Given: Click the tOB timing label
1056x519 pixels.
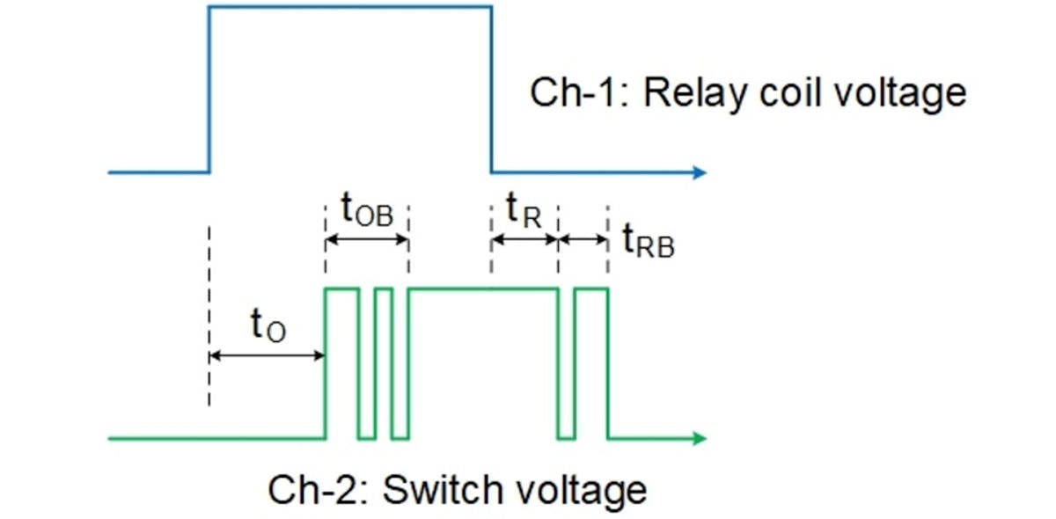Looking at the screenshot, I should point(367,212).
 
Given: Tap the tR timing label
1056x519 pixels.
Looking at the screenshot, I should point(523,211).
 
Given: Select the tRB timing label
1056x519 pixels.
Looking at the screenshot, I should point(648,241).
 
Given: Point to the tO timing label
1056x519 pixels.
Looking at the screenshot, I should point(268,327).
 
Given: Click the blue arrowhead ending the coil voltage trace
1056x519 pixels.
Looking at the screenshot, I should point(700,172).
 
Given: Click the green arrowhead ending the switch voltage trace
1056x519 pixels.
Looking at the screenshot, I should point(700,437).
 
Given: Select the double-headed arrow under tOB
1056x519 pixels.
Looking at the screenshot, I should point(367,239).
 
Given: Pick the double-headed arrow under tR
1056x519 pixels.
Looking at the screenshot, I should point(524,239).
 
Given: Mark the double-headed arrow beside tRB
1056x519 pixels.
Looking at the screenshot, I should point(583,239).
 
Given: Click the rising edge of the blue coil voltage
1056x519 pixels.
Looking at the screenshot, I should point(209,88).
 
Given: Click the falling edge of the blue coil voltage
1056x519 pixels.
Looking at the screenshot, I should point(491,88).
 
